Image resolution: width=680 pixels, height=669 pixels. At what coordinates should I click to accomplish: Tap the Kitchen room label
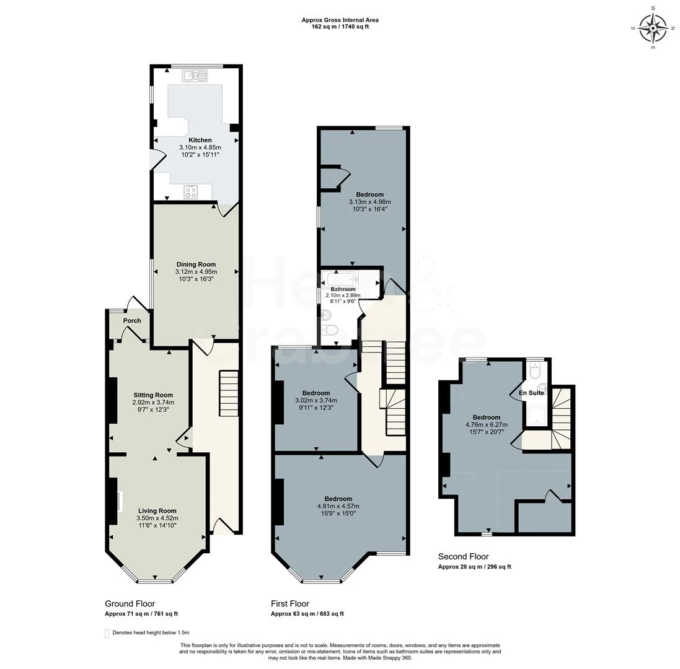pos(200,140)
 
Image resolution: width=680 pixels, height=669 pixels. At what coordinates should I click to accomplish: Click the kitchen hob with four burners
pos(190,192)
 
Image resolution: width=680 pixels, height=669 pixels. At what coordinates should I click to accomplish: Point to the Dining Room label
pos(195,265)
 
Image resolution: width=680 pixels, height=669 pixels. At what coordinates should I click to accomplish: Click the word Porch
pos(132,321)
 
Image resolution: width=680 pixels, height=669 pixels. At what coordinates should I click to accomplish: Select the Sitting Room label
pos(153,395)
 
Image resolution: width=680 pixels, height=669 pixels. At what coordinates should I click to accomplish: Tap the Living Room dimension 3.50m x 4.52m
pos(157,518)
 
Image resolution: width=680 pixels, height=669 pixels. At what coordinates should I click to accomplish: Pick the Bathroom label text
pos(343,289)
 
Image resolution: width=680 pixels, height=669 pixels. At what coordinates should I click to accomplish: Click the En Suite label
pos(531,393)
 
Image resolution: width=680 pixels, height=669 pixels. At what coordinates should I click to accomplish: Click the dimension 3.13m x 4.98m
pos(369,201)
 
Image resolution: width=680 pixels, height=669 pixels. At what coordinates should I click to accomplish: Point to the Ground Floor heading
pos(130,603)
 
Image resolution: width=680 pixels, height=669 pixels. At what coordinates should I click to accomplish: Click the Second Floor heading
pos(463,556)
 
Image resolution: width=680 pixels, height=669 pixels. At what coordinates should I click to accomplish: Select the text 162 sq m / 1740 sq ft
pos(340,27)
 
